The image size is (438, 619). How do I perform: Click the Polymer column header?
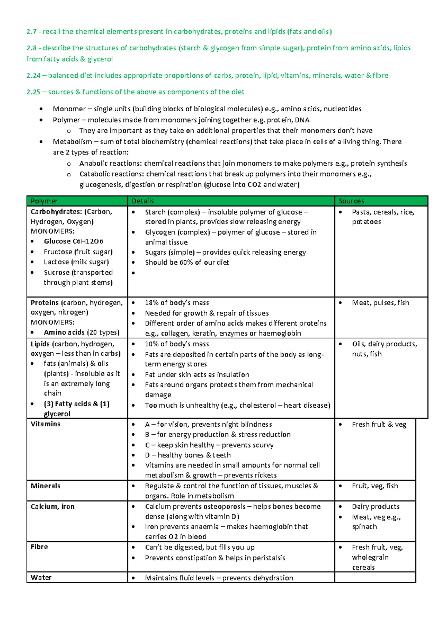tap(44, 201)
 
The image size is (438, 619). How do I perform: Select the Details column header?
tap(143, 201)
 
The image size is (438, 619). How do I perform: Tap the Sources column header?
tap(351, 201)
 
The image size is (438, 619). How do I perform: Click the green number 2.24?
tap(33, 76)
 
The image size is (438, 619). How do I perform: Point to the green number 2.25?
tap(33, 92)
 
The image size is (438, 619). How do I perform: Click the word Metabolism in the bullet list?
tap(72, 142)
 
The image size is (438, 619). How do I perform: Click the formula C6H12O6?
tap(88, 241)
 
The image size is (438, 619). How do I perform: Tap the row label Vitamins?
tap(45, 424)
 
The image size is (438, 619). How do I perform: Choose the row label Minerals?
tap(45, 486)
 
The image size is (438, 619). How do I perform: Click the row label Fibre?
tap(39, 547)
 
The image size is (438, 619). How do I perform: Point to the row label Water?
tap(41, 577)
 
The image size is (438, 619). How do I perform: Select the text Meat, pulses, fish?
tap(380, 303)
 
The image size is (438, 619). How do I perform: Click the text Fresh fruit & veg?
tap(379, 424)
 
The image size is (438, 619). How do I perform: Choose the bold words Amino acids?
tap(64, 332)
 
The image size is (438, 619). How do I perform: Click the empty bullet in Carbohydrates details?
tap(134, 273)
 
